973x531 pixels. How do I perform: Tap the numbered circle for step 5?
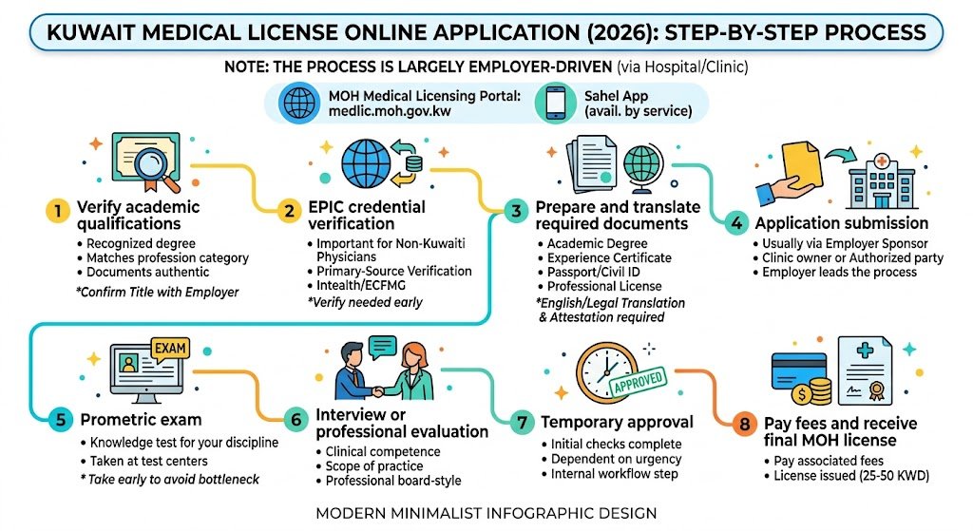(59, 418)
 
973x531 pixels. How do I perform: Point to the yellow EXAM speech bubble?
(170, 349)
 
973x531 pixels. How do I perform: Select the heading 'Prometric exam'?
(141, 419)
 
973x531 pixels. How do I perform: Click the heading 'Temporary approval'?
(617, 422)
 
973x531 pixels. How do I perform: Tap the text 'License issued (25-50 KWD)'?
(848, 474)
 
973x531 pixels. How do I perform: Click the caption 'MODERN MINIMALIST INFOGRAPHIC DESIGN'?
(486, 513)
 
